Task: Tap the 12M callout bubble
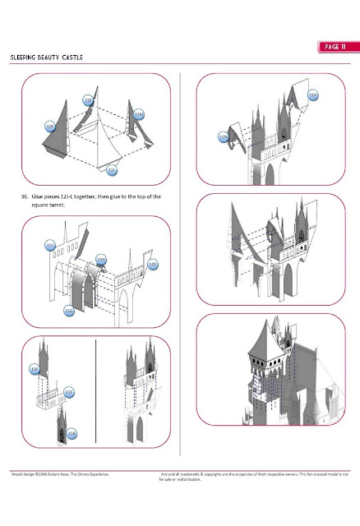pyautogui.click(x=139, y=113)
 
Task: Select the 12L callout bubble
pyautogui.click(x=112, y=171)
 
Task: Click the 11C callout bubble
pyautogui.click(x=50, y=245)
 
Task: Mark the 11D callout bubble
pyautogui.click(x=152, y=264)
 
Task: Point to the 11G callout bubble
pyautogui.click(x=69, y=311)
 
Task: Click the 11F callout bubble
pyautogui.click(x=35, y=369)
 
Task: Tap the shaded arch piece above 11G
pyautogui.click(x=87, y=284)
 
